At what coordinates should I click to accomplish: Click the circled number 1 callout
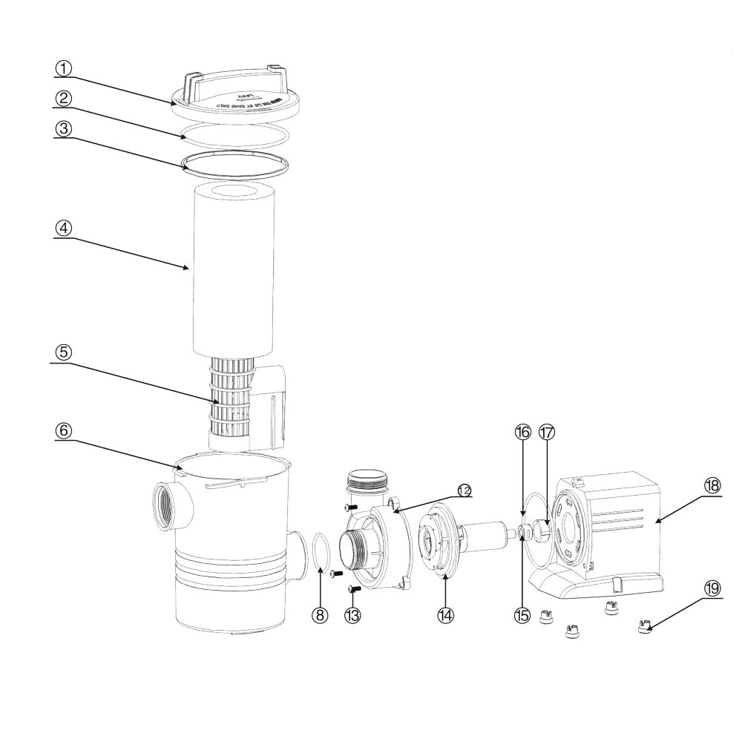coord(65,68)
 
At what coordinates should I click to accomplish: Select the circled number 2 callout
coord(65,98)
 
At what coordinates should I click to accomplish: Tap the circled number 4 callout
coord(65,229)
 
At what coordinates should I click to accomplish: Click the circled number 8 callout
coord(321,614)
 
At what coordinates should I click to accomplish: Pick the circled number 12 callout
coord(464,490)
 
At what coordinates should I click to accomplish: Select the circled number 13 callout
coord(354,614)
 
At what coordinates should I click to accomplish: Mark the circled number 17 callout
coord(547,432)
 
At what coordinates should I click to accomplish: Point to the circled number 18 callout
coord(712,485)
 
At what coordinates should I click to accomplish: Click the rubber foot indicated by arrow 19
coord(645,628)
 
